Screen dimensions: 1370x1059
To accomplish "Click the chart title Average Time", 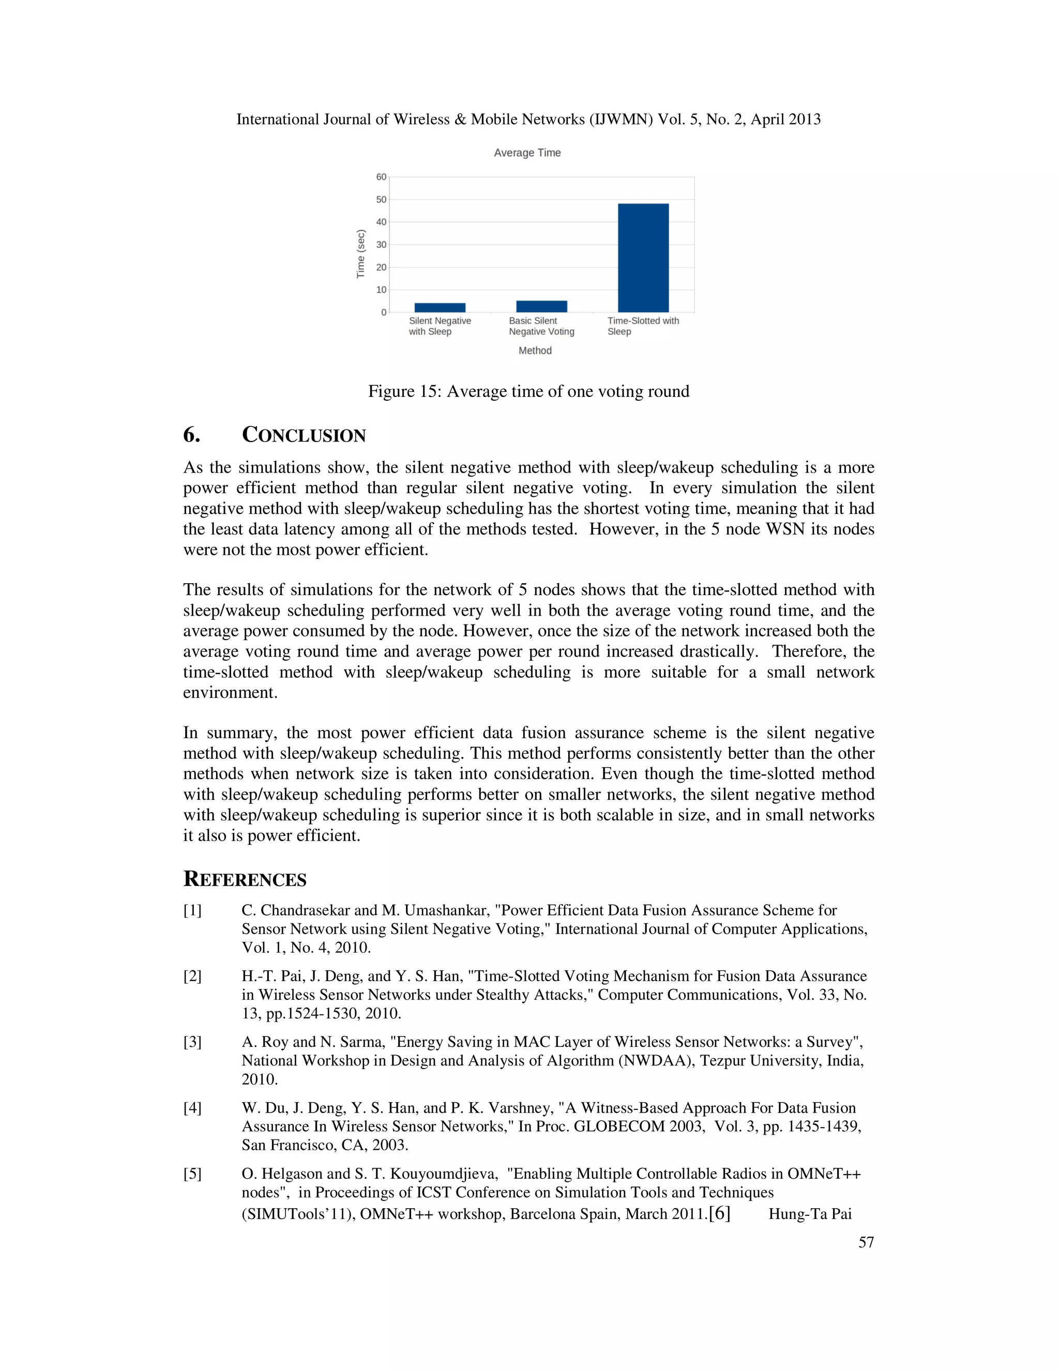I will click(x=527, y=153).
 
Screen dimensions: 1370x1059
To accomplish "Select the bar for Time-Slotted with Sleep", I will click(x=643, y=258).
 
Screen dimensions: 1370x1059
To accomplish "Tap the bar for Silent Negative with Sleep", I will click(x=440, y=308).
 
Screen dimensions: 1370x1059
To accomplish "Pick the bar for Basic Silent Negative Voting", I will click(x=541, y=306).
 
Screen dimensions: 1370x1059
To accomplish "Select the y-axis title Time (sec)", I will click(x=361, y=253).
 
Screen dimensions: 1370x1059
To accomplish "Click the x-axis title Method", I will click(x=535, y=351).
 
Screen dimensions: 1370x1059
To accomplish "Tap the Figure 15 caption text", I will click(x=528, y=391).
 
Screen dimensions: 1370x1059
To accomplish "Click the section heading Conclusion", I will click(x=304, y=435).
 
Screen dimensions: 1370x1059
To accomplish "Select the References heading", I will click(x=245, y=879).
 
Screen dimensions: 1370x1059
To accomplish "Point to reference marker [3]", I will click(x=192, y=1042).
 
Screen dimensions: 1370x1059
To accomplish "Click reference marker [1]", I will click(x=192, y=910).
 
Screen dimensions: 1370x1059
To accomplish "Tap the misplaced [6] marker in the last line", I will click(x=720, y=1213).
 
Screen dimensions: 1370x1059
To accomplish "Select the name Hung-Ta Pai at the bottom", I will click(x=810, y=1214).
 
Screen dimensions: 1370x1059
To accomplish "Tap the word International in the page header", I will click(x=278, y=119).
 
